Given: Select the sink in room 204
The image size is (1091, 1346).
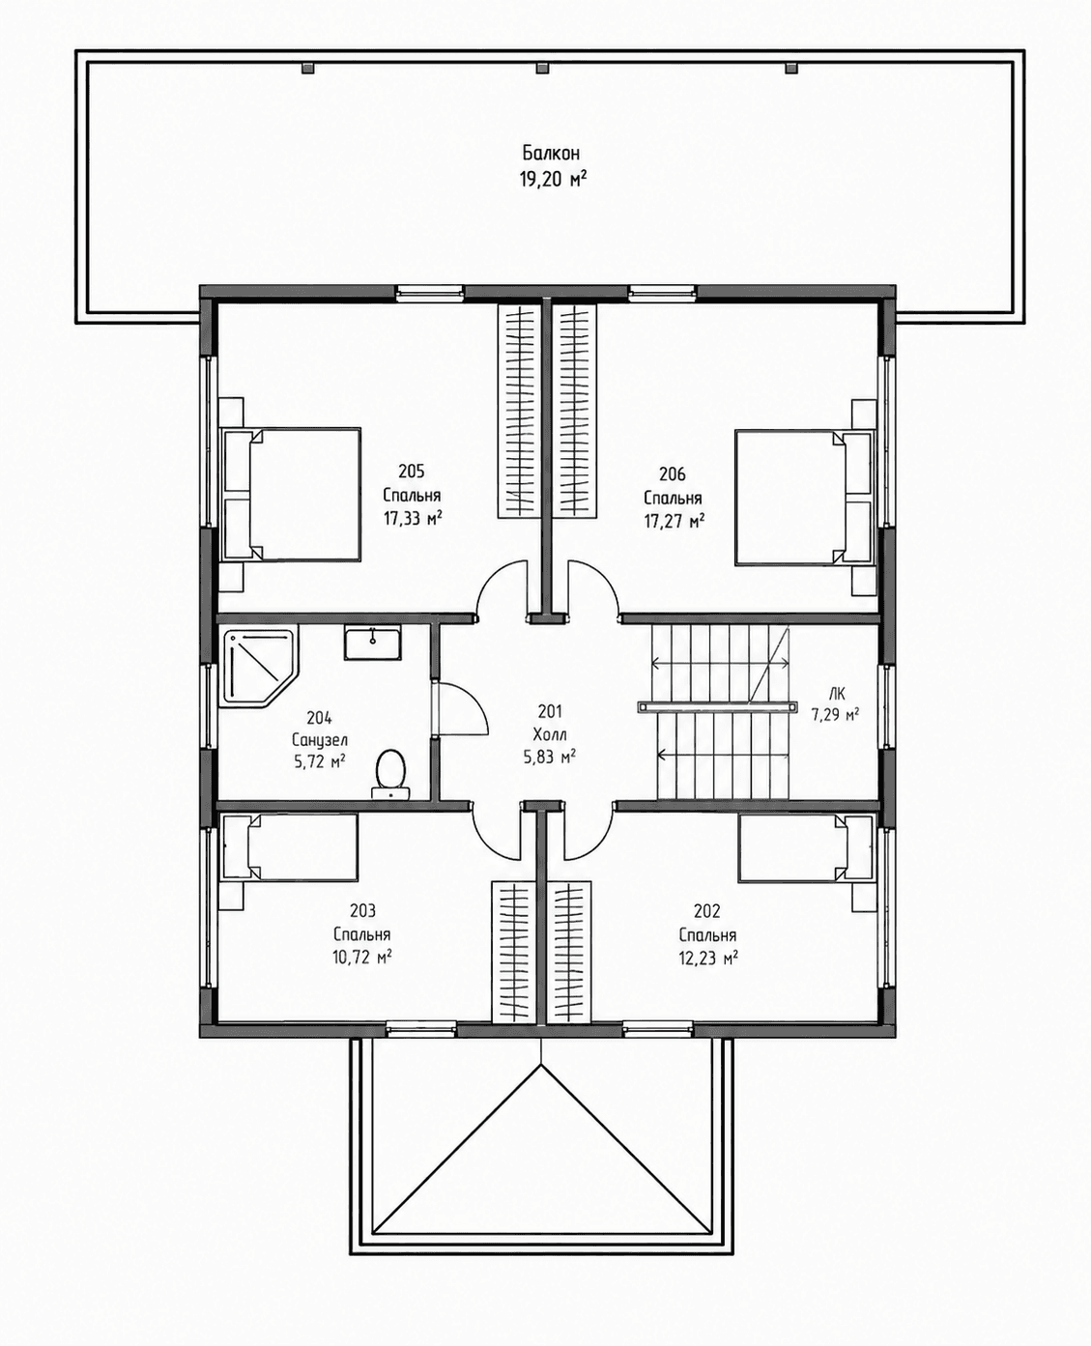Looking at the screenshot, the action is (372, 643).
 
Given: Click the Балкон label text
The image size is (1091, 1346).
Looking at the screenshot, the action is (551, 153).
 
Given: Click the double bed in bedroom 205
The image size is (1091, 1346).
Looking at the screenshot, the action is (291, 494).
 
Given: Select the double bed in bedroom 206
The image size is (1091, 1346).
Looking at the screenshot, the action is (804, 497).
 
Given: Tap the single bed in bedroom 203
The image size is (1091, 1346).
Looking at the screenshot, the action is (289, 847).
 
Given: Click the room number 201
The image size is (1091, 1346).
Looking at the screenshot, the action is (550, 711).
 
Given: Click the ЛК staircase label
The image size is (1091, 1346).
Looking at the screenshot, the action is (837, 694).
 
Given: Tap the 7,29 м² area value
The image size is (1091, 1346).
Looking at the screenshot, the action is (835, 715).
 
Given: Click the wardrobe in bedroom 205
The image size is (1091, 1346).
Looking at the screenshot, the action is (517, 412).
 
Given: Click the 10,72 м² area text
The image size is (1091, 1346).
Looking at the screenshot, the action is (362, 958).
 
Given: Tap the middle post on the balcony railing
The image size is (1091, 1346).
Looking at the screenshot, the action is (541, 68).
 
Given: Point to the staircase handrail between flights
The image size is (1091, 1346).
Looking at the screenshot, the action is (716, 706).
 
